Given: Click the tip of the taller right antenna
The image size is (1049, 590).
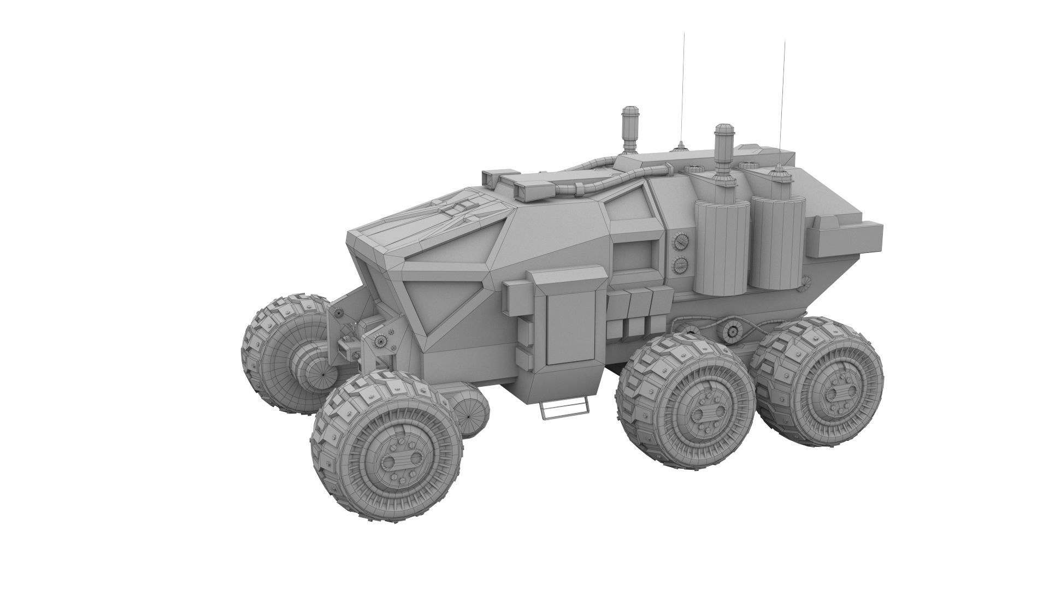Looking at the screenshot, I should [785, 41].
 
